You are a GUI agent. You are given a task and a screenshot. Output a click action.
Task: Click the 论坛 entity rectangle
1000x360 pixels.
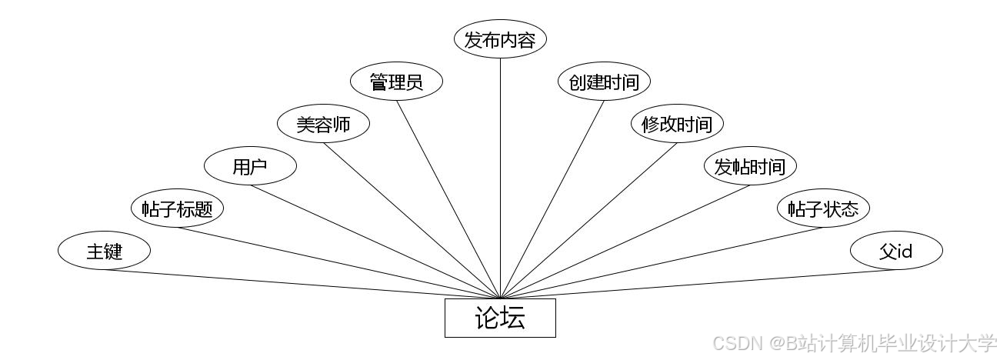[x=500, y=318]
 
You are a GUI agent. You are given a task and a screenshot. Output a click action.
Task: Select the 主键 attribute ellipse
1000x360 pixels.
[x=104, y=251]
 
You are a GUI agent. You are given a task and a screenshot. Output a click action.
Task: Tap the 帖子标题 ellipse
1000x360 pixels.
[x=177, y=208]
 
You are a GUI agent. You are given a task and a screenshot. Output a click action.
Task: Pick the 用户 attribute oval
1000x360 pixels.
[x=250, y=166]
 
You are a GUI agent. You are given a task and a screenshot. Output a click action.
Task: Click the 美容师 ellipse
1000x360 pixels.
[x=323, y=124]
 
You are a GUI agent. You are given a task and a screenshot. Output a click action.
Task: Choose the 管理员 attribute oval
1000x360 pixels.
[x=396, y=82]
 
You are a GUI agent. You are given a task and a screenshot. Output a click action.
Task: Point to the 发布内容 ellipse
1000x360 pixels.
[x=500, y=40]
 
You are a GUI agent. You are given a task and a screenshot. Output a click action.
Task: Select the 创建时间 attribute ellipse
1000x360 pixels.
[x=604, y=82]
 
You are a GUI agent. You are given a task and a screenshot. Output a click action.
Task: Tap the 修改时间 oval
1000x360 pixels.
[x=677, y=124]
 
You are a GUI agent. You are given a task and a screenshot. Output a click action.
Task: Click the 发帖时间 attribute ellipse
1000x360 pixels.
[x=750, y=166]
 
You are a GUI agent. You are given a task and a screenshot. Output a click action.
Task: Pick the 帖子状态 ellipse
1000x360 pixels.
[x=823, y=208]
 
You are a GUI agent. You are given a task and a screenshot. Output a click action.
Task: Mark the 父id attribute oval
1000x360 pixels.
[x=896, y=251]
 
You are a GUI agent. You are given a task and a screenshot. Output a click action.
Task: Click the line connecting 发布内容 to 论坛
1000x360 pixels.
[x=500, y=177]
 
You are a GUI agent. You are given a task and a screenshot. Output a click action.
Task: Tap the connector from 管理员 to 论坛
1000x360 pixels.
[x=448, y=198]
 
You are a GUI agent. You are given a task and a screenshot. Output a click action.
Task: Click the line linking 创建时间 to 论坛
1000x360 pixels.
[x=552, y=198]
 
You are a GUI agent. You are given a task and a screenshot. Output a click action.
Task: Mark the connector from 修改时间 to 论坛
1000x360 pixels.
[x=588, y=221]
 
